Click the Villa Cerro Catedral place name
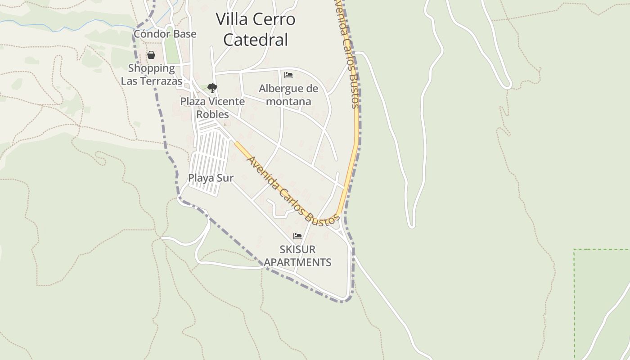256,29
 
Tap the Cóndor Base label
165,34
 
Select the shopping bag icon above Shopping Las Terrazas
151,55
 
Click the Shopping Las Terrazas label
151,75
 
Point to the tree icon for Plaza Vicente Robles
212,88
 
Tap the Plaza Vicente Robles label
212,108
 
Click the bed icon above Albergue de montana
288,75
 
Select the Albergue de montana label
288,95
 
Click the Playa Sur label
211,178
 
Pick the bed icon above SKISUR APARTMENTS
297,236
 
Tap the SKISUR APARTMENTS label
297,256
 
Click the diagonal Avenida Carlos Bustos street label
292,191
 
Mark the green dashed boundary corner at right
575,249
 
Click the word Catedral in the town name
256,40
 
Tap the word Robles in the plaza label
212,114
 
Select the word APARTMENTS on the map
297,262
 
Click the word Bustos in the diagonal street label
321,215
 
